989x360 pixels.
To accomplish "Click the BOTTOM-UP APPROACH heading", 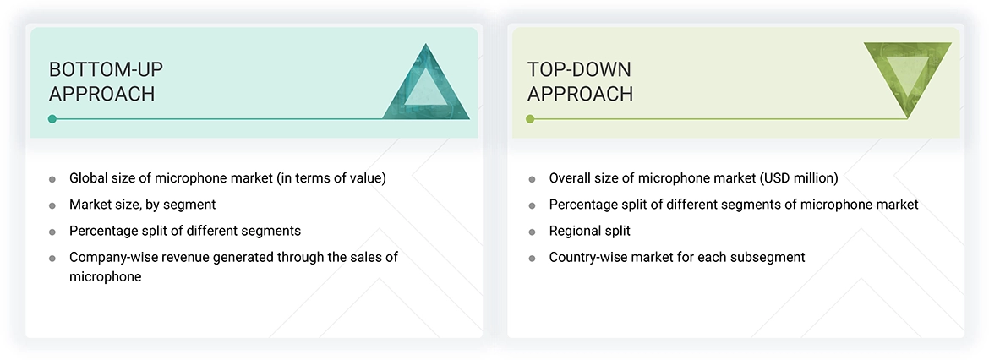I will (101, 81).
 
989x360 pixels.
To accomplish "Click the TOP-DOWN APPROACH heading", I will (580, 81).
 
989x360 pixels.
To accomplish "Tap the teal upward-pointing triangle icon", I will (426, 85).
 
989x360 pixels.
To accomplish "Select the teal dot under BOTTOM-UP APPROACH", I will (52, 119).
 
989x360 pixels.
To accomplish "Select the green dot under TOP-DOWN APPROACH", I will (530, 119).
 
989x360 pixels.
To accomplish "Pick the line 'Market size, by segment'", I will (142, 205).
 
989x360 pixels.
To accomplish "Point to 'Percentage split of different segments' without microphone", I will (184, 231).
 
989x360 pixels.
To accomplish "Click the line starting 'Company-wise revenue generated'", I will (232, 257).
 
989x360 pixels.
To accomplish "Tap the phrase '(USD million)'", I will (797, 178).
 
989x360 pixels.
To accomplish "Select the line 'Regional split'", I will (589, 231).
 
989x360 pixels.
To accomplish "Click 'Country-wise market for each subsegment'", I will (676, 257).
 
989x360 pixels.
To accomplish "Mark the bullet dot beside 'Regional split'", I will (532, 232).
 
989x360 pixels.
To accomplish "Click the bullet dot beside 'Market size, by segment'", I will (52, 205).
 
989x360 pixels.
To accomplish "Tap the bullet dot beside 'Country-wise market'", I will (532, 258).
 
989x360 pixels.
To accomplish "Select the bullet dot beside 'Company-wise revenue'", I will (52, 258).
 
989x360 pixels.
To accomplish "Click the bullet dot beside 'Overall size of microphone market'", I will (532, 179).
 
